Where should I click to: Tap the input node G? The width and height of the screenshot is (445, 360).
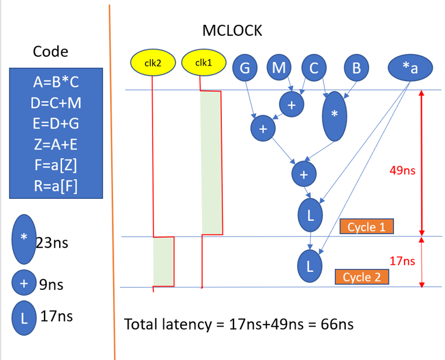(x=245, y=68)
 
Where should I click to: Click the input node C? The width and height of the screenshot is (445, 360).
(x=314, y=68)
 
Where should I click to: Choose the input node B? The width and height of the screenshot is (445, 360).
(x=357, y=68)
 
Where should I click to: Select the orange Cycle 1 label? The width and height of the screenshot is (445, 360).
(x=367, y=226)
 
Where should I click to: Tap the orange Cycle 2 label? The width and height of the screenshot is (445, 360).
(x=362, y=277)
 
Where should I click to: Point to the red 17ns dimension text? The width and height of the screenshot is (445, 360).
(x=402, y=261)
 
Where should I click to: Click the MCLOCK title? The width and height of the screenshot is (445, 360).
(x=232, y=31)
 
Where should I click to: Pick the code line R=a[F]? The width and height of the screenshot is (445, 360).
(x=56, y=186)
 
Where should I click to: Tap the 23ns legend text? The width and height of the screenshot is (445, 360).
(x=52, y=242)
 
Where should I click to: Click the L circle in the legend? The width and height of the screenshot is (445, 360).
(x=23, y=317)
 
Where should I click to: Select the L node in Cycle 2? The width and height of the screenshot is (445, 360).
(x=310, y=266)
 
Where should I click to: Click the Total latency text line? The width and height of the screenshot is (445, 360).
(x=239, y=324)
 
